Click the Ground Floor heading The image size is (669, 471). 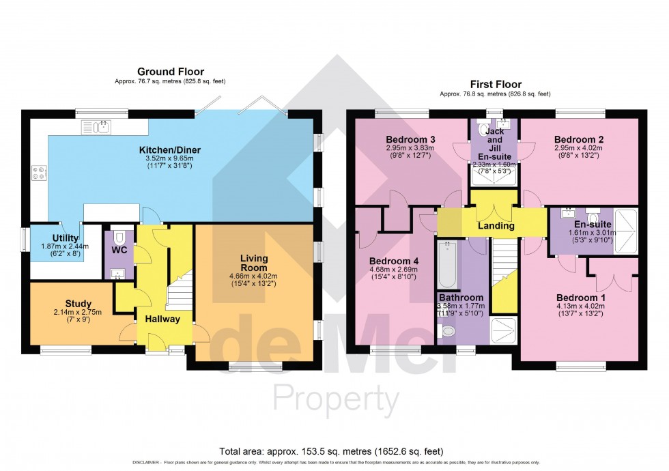170,72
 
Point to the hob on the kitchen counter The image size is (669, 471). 38,173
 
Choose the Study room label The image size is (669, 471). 79,304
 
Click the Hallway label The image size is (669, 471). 162,319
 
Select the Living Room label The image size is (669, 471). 254,263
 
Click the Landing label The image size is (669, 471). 495,226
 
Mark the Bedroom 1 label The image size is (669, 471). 580,298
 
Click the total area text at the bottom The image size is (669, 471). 331,451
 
